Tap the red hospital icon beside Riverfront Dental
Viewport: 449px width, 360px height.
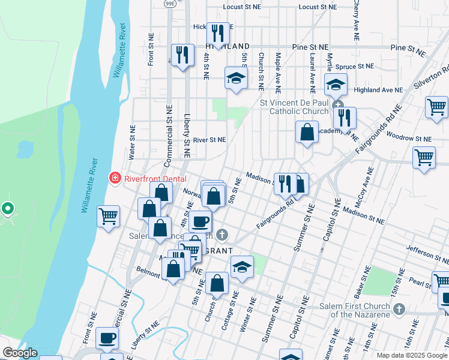[114, 178]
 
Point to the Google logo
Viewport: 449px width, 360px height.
[19, 353]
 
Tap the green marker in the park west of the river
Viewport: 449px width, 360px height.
[7, 209]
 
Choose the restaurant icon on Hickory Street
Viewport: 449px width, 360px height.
[217, 32]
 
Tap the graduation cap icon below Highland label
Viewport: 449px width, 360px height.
[236, 78]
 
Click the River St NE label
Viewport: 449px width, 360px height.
[209, 140]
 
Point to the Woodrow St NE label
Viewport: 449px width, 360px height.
[409, 137]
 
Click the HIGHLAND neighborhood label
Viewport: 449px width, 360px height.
[228, 46]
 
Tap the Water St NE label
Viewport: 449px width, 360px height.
[131, 142]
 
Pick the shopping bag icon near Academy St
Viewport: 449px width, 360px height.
[307, 132]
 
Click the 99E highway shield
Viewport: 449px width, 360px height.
[170, 4]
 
